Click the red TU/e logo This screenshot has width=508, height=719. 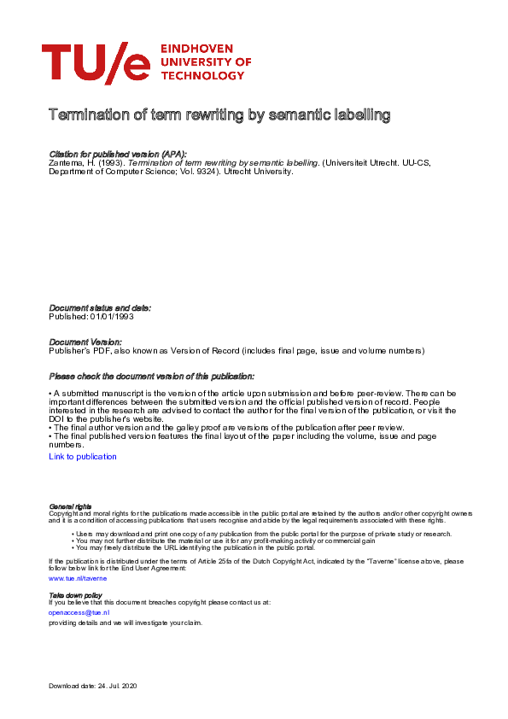(x=95, y=62)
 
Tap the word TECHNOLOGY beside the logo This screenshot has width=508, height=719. (x=202, y=76)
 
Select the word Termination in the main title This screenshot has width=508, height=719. (x=88, y=114)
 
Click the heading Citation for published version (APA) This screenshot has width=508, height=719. (x=118, y=154)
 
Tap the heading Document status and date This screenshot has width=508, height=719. (x=100, y=307)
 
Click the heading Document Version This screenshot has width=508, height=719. (x=85, y=342)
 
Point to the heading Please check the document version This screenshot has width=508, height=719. (x=152, y=377)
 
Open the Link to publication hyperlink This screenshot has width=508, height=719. (x=83, y=457)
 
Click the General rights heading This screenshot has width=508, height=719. (x=71, y=507)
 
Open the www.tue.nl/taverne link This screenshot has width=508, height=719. (x=78, y=579)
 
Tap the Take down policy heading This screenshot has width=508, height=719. (x=76, y=594)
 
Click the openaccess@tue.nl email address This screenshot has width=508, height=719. (x=79, y=612)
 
